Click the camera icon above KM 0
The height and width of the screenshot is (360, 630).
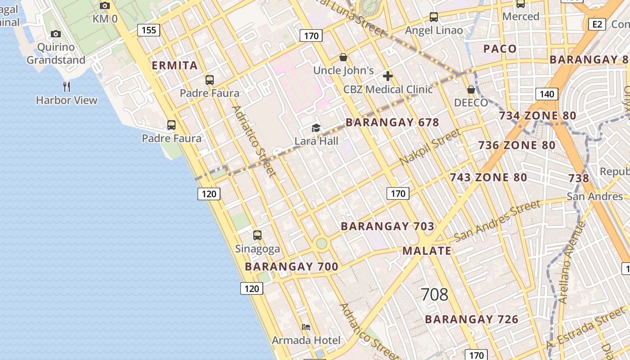point(105,5)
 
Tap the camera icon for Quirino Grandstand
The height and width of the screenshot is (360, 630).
point(56,34)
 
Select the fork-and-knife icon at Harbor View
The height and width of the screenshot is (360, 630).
point(67,86)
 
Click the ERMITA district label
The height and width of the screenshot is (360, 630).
point(175,66)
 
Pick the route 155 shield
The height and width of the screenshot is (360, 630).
point(148,30)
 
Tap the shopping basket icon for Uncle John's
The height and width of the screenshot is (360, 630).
point(343,57)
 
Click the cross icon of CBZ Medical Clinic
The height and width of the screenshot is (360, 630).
point(388,76)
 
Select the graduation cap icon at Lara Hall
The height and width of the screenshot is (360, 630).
point(316,128)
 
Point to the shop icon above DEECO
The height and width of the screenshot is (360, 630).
point(471,90)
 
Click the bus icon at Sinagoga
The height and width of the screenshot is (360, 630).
point(257,235)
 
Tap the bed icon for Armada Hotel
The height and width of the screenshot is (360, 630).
point(306,327)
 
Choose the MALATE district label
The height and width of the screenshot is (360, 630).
point(427,251)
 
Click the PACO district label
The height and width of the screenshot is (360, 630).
point(500,49)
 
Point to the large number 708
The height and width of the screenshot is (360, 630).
point(435,295)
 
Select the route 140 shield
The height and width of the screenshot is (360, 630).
point(547,94)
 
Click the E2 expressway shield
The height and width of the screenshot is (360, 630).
point(597,24)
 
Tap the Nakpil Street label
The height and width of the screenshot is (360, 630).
point(430,147)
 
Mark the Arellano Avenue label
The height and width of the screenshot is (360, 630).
point(572,262)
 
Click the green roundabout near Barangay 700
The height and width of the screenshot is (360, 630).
point(321,243)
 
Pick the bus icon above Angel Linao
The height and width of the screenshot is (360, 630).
point(434,17)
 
